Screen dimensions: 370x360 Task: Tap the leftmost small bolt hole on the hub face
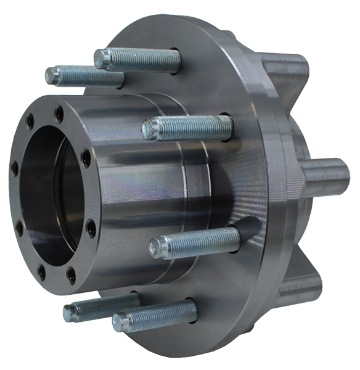click(15, 168)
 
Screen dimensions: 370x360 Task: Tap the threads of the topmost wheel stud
click(148, 60)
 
